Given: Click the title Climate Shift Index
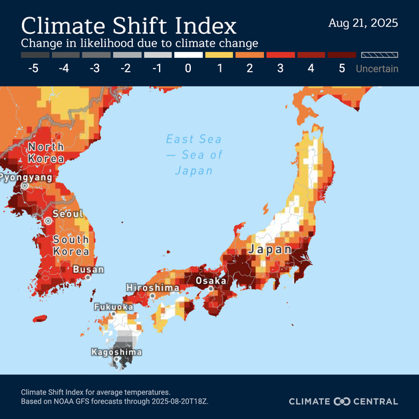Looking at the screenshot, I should (x=129, y=26).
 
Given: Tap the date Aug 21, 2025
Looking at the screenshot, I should (x=363, y=23).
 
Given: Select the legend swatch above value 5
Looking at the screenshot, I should (x=342, y=55).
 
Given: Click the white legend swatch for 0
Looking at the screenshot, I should (x=188, y=55).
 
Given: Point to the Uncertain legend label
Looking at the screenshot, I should (x=377, y=69).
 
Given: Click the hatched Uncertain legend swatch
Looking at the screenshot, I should (x=377, y=55).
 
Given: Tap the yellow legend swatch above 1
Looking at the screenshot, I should (x=219, y=55).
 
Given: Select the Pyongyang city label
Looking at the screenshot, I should (x=25, y=178).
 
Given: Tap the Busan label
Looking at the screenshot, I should (x=88, y=269).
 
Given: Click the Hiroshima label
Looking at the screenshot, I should (x=152, y=287).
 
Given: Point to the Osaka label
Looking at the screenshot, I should (x=211, y=281).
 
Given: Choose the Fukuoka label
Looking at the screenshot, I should (x=113, y=307).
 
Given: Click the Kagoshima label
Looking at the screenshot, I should (x=116, y=352).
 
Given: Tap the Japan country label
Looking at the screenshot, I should (x=269, y=250).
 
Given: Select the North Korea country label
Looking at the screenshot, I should (x=46, y=152).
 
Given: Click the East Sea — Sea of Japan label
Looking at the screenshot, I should (x=194, y=154).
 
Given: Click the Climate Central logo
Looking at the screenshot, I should (x=343, y=401).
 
